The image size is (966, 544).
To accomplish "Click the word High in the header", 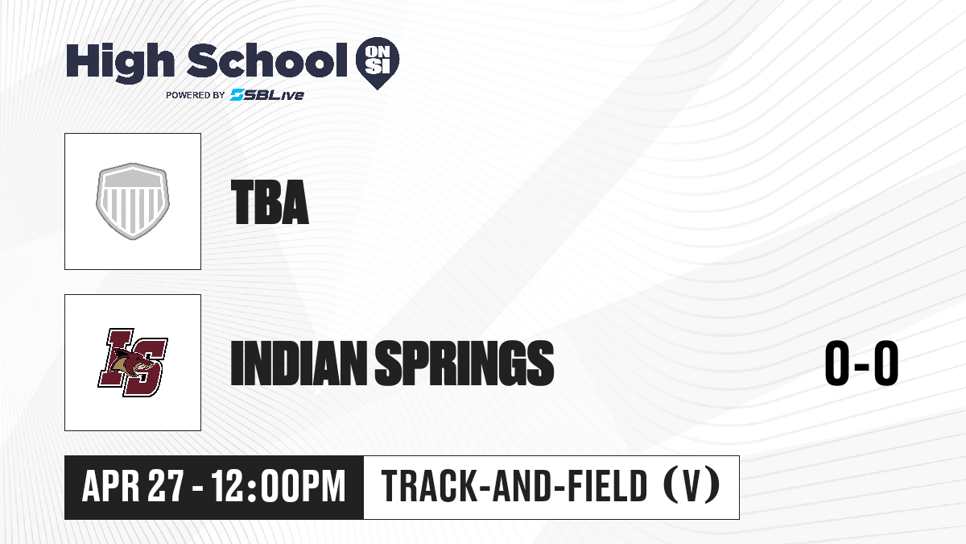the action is (120, 63).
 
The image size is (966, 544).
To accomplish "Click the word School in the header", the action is (267, 60).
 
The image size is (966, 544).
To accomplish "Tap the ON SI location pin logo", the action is (378, 63).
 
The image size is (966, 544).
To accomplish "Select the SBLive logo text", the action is (267, 95).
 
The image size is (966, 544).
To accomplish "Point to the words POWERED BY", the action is (196, 95).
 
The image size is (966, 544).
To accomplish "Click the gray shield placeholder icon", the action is (133, 201).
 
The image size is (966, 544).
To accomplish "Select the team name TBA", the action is (270, 202).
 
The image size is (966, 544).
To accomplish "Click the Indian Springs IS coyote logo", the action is (133, 363).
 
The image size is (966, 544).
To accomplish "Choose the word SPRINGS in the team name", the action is (464, 363).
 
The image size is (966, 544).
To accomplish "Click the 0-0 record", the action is (861, 363).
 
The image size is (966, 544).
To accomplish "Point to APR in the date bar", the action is (111, 487).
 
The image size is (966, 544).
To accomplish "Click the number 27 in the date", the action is (166, 487).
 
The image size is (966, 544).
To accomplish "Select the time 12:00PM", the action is (279, 487).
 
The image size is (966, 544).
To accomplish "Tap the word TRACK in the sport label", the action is (429, 486).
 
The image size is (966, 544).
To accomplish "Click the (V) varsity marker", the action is (691, 486).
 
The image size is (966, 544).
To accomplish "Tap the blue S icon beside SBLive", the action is (237, 95).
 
